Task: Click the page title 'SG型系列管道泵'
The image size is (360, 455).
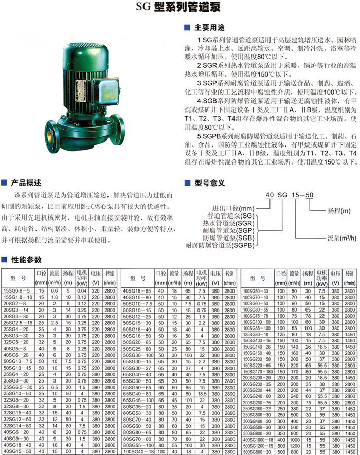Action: [x=180, y=8]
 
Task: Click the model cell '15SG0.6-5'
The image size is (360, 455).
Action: [x=17, y=290]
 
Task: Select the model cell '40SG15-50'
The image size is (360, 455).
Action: [x=17, y=450]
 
